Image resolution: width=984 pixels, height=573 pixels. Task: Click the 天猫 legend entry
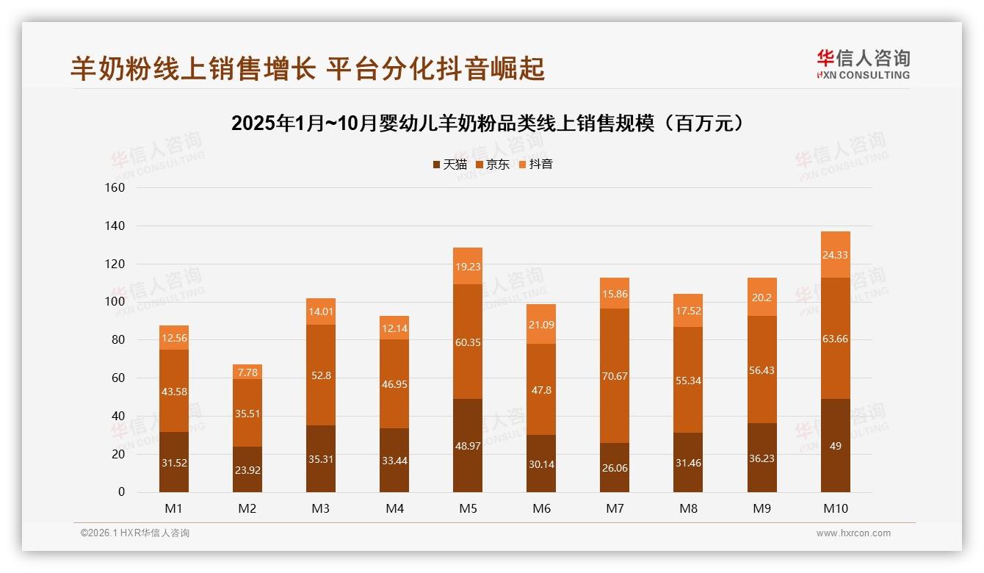pyautogui.click(x=449, y=164)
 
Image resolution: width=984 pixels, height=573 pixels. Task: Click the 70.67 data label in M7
pyautogui.click(x=615, y=376)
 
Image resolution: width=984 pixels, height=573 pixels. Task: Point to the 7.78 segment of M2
pyautogui.click(x=247, y=372)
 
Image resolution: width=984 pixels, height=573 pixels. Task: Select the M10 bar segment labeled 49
pyautogui.click(x=836, y=445)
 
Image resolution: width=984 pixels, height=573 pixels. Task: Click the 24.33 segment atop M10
pyautogui.click(x=836, y=255)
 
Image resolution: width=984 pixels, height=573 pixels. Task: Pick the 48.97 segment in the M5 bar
pyautogui.click(x=468, y=445)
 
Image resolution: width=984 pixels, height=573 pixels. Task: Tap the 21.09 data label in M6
pyautogui.click(x=541, y=324)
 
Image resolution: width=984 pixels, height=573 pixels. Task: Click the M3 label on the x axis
pyautogui.click(x=321, y=508)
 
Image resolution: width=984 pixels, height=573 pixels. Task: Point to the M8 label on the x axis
pyautogui.click(x=689, y=508)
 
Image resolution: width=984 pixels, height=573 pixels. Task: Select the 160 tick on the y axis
pyautogui.click(x=116, y=187)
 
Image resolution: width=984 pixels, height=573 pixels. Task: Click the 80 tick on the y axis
pyautogui.click(x=118, y=340)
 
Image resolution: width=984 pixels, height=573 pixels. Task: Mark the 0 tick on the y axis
pyautogui.click(x=121, y=492)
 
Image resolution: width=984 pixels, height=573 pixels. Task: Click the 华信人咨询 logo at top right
pyautogui.click(x=863, y=64)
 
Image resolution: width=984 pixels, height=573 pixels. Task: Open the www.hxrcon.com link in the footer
pyautogui.click(x=853, y=533)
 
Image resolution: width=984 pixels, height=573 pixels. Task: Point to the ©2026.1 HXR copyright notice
pyautogui.click(x=134, y=533)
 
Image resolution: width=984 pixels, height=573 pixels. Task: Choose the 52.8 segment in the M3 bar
pyautogui.click(x=321, y=375)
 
